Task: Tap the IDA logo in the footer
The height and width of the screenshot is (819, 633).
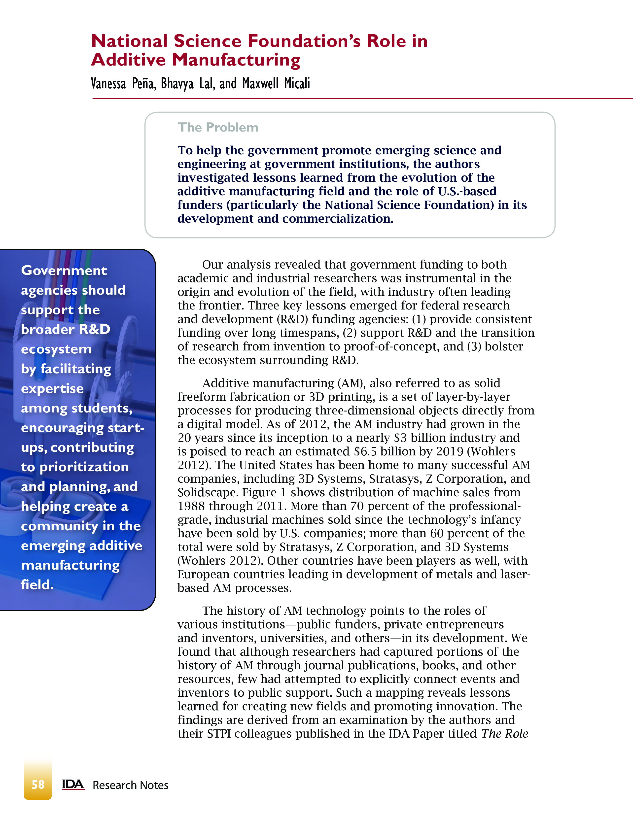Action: click(73, 785)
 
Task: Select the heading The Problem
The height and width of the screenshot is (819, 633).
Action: click(218, 128)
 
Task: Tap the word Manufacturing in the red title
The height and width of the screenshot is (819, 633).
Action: click(236, 60)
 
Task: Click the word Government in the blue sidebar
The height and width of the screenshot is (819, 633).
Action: click(64, 270)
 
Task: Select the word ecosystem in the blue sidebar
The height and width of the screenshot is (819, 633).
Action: click(56, 349)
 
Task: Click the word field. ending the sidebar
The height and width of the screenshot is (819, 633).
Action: click(37, 585)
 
